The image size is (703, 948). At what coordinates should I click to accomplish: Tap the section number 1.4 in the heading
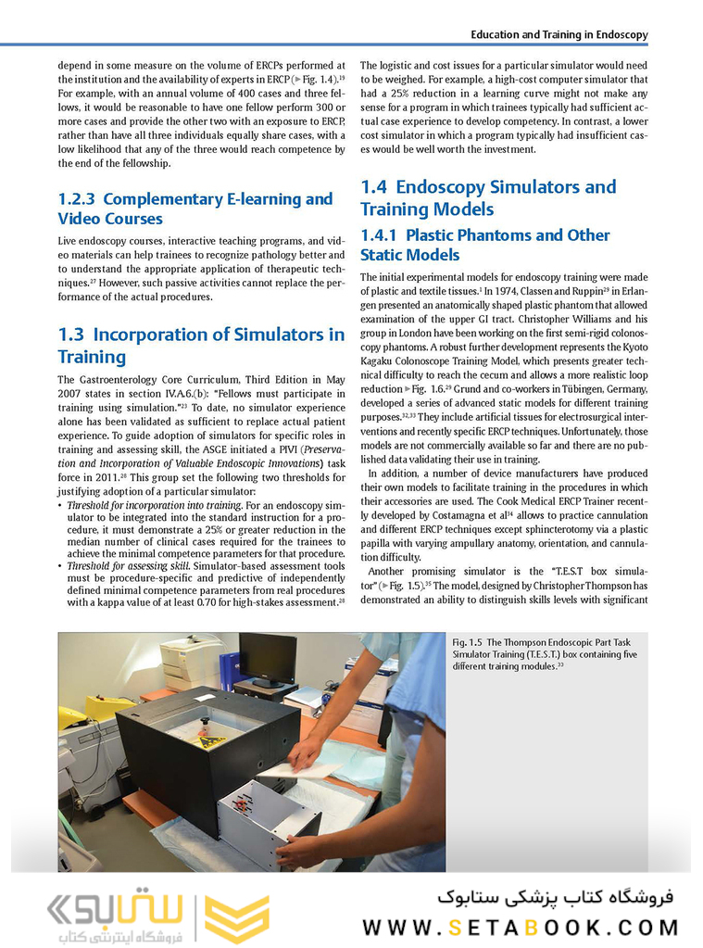374,187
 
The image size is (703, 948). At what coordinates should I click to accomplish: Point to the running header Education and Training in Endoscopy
559,34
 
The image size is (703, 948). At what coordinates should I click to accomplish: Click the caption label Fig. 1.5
468,642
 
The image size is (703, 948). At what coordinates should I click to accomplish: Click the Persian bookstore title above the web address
555,897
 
